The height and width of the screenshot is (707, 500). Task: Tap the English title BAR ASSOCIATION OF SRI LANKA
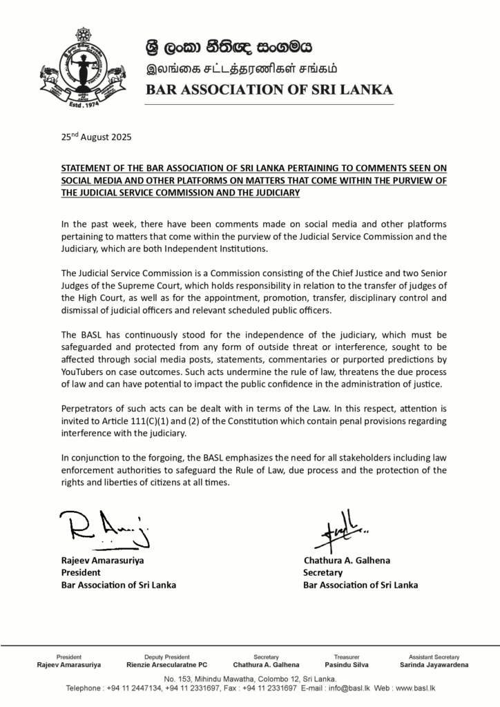tap(269, 90)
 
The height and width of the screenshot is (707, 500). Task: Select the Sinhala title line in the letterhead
tap(228, 48)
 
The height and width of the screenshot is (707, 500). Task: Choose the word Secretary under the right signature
tap(323, 572)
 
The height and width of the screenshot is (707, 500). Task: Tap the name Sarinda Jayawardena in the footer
tap(434, 665)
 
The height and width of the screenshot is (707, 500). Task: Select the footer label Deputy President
tap(167, 657)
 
